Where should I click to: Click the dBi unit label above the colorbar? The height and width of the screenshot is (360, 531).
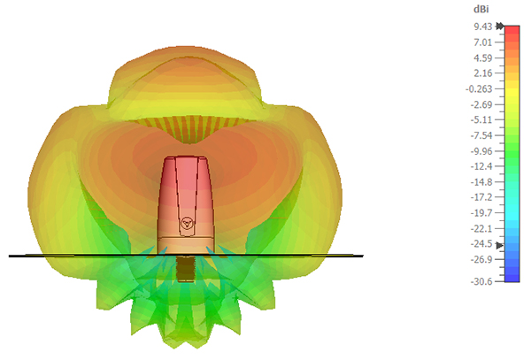pos(481,10)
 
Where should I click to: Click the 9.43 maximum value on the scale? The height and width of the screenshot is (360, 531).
pos(483,27)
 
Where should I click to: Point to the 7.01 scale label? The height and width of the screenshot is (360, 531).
pos(483,42)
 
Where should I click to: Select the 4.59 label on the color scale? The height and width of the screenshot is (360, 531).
pos(483,57)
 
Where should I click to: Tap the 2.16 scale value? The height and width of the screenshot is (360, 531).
pos(483,73)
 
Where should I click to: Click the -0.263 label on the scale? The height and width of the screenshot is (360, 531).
pos(479,89)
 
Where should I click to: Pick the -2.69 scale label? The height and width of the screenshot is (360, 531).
pos(481,104)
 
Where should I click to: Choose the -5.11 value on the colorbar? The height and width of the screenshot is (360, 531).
pos(481,119)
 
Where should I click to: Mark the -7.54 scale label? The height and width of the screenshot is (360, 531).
pos(481,135)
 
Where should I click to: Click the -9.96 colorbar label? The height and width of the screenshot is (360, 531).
pos(481,151)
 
